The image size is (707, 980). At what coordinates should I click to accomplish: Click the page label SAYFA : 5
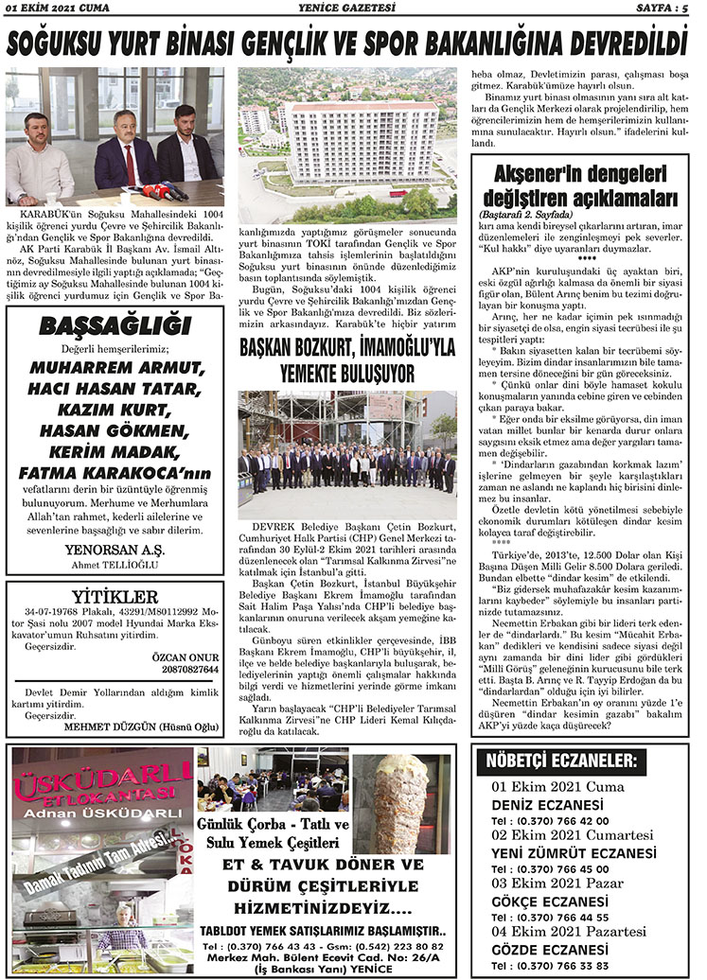pos(666,9)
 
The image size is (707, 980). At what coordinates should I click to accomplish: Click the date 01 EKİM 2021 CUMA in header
pos(58,9)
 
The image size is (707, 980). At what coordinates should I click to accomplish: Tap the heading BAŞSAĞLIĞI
pos(115,326)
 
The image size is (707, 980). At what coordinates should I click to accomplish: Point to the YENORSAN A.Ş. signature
pos(115,551)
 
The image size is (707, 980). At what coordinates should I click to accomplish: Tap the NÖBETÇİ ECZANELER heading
pos(560,761)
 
